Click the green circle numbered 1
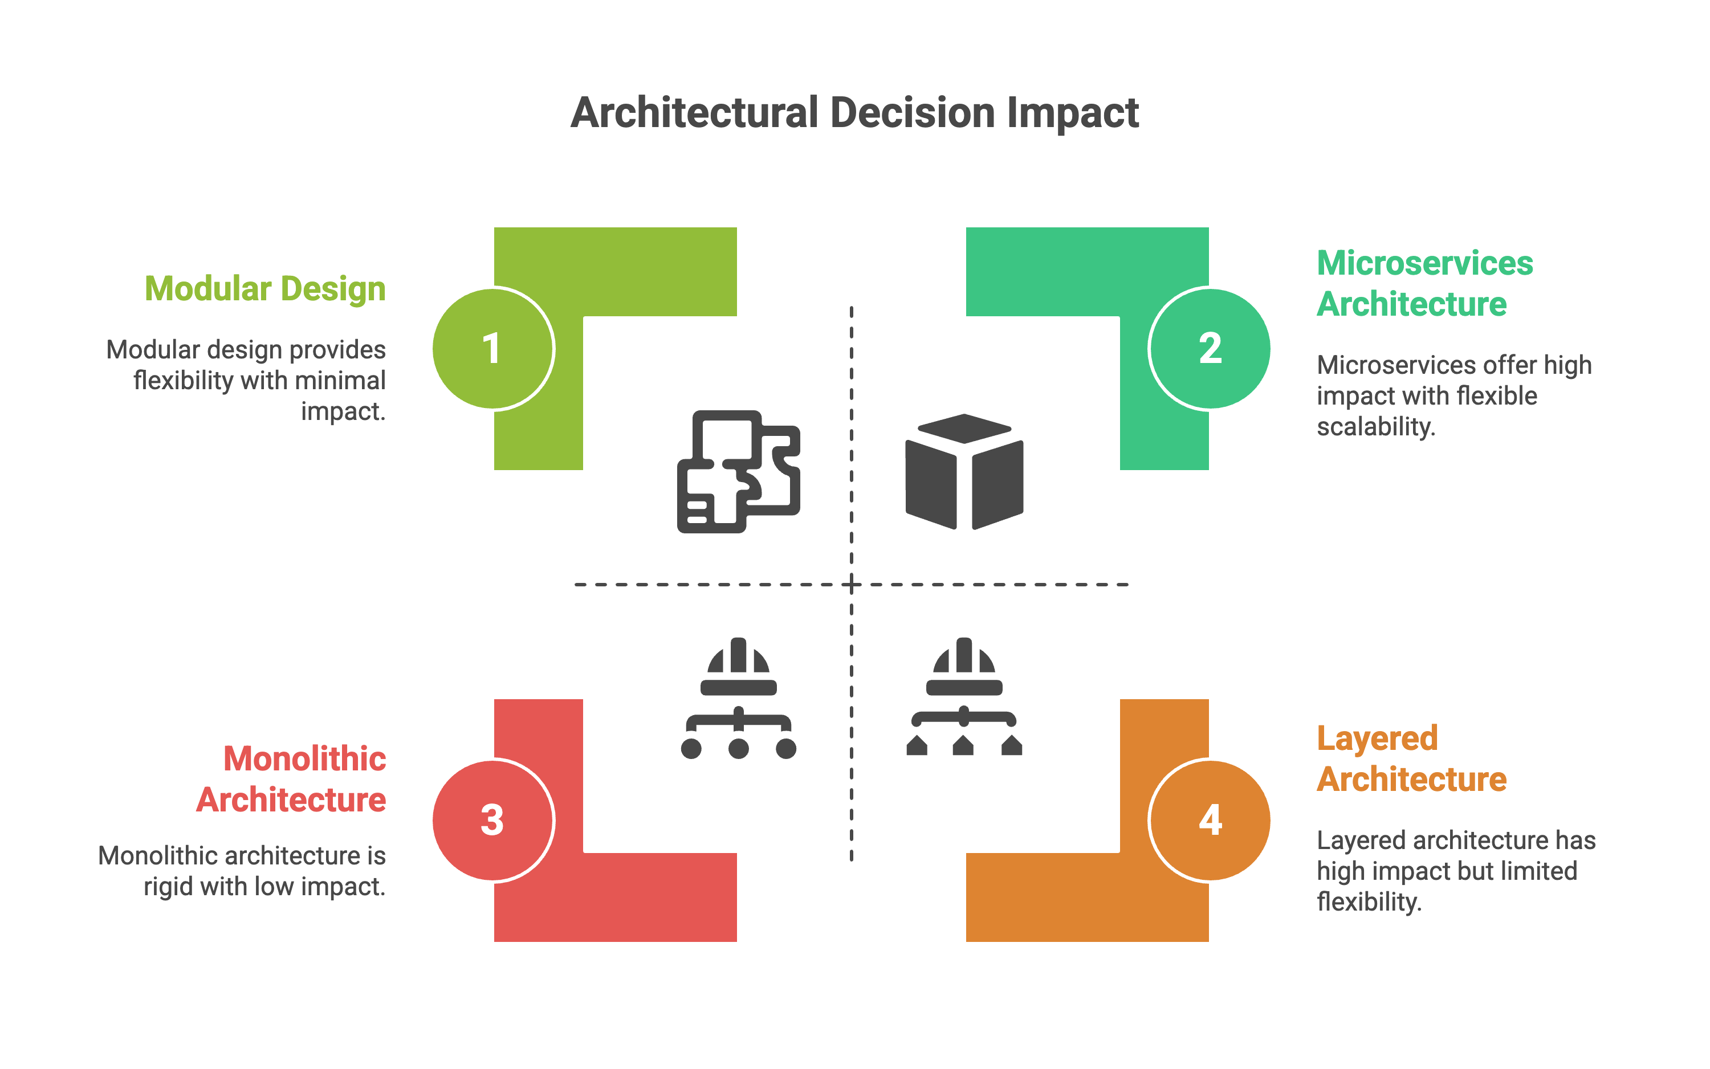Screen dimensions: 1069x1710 493,349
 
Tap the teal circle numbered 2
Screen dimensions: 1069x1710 1210,349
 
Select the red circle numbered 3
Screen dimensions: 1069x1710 493,820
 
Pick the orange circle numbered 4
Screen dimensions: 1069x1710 1210,820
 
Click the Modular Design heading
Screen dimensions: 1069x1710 265,289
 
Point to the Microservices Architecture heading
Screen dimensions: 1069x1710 1424,284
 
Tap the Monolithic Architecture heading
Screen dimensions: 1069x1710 291,779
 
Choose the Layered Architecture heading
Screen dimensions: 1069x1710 1411,758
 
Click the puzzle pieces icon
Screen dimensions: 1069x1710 738,471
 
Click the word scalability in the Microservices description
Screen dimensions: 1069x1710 1375,427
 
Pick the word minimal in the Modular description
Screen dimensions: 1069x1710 340,381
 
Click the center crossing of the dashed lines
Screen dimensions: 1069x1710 852,585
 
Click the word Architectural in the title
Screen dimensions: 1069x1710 694,113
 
